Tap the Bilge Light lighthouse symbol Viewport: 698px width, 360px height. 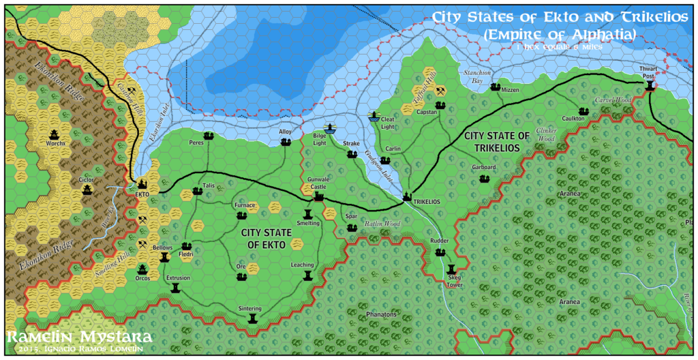click(x=329, y=129)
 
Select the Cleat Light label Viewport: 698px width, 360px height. click(x=387, y=123)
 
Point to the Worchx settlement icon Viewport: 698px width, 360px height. click(x=55, y=134)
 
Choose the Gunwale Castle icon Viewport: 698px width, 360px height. click(x=318, y=196)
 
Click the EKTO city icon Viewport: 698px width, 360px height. click(x=143, y=183)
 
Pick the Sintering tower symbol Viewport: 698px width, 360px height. click(x=254, y=318)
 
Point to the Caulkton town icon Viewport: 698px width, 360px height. click(x=583, y=111)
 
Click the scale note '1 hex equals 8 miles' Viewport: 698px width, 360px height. click(x=549, y=48)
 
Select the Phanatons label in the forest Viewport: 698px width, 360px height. click(x=380, y=314)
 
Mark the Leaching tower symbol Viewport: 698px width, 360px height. click(x=307, y=275)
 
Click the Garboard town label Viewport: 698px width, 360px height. click(x=483, y=168)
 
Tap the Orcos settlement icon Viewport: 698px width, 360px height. click(x=142, y=269)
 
